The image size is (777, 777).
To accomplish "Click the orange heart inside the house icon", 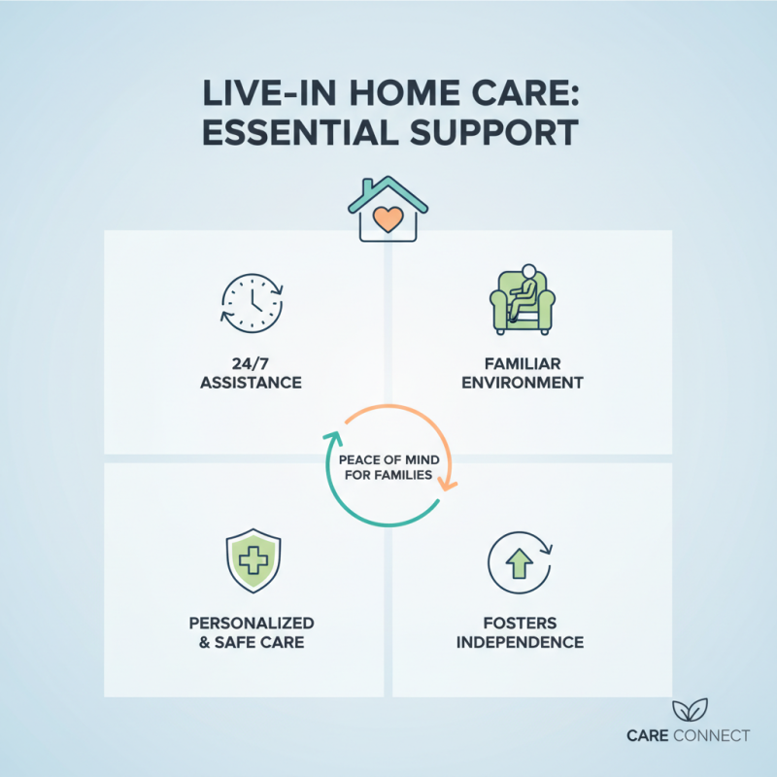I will pos(388,220).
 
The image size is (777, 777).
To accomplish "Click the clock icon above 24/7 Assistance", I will pos(251,302).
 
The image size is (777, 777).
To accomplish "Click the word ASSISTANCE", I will pos(251,383).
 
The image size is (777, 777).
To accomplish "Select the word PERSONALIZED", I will pos(251,622).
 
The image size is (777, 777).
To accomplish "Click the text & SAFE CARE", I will pos(251,642).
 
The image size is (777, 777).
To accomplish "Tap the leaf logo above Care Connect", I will pos(690,708).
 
